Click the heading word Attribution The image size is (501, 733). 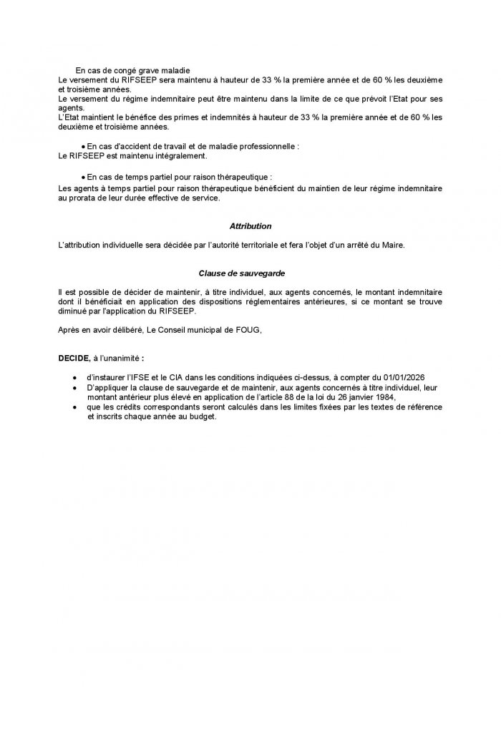(250, 226)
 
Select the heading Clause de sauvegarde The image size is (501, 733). (250, 273)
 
